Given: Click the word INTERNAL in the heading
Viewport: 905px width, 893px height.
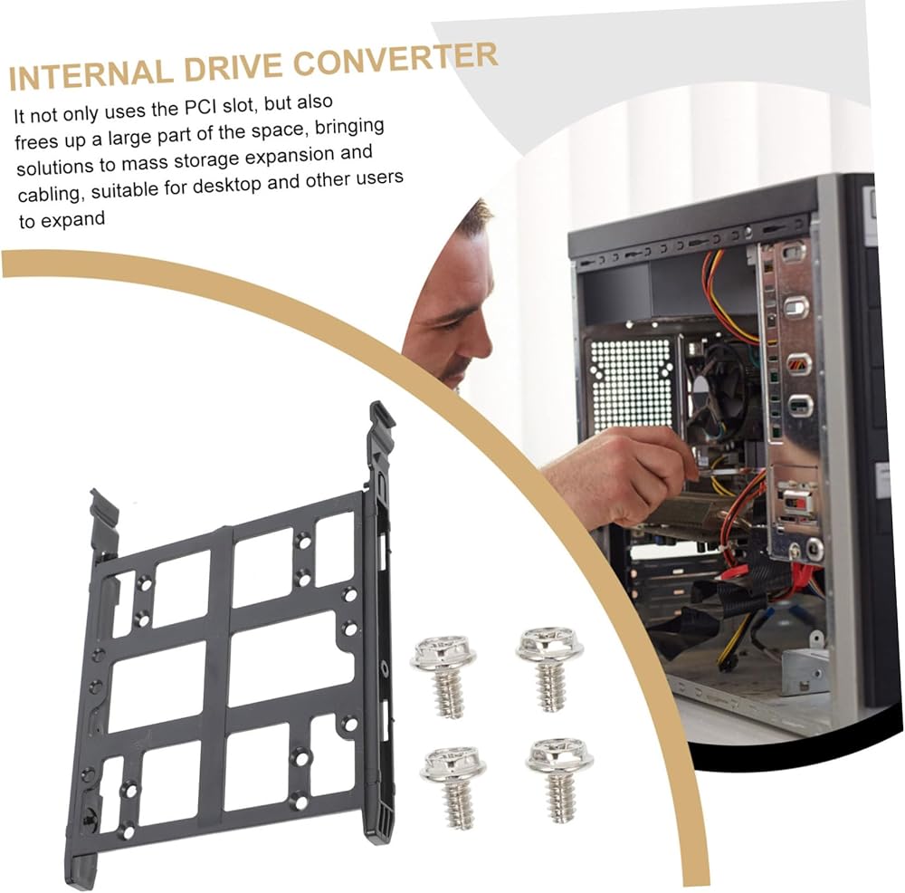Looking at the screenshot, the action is coord(90,72).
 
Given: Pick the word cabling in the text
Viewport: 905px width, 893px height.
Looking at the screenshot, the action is coord(50,194).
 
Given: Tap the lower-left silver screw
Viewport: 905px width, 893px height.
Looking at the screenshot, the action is coord(453,786).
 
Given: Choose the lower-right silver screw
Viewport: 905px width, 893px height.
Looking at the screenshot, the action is coord(559,779).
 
